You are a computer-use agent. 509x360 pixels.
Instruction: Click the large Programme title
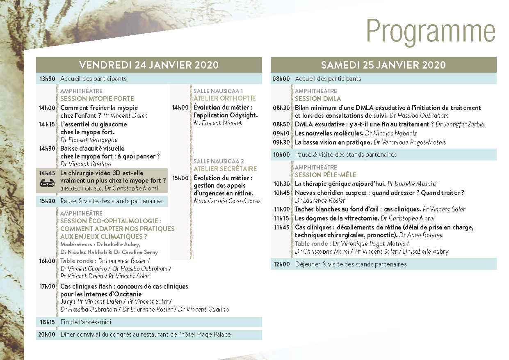coord(431,31)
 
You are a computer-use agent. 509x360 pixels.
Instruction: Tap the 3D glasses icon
coord(47,184)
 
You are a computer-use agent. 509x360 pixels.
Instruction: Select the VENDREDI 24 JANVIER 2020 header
coord(149,65)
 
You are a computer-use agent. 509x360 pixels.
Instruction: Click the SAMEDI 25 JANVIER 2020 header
coord(383,65)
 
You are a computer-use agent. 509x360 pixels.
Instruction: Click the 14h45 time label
coord(47,173)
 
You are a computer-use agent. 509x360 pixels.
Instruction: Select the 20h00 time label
coord(47,335)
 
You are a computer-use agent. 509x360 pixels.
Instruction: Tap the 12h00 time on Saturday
coord(281,264)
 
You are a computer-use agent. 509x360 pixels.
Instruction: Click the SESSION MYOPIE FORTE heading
coord(97,99)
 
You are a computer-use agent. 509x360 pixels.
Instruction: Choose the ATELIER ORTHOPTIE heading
coord(224,98)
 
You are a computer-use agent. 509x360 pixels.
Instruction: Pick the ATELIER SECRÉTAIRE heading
coord(225,169)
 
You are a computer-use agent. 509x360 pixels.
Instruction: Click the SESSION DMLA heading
coord(318,99)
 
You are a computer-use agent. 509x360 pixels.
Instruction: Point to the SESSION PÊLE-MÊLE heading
coord(326,175)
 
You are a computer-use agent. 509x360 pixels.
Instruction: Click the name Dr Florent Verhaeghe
coord(89,140)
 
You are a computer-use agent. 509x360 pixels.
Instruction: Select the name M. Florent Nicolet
coord(218,123)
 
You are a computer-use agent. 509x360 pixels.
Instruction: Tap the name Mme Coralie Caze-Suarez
coord(227,201)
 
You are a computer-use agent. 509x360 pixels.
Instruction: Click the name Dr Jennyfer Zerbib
coord(460,124)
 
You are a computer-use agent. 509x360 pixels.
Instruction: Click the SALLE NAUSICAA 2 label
coord(219,161)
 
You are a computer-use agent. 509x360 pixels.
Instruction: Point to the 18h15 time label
coord(47,322)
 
